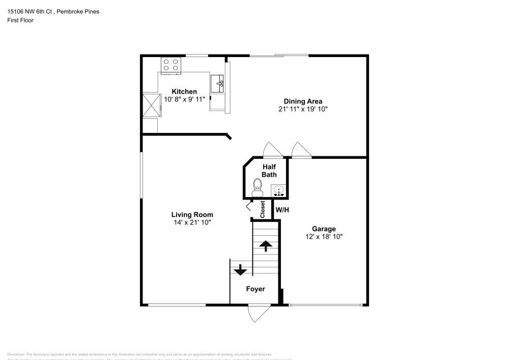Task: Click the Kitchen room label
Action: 184,92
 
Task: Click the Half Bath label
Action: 269,171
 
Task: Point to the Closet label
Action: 263,209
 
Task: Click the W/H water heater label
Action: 282,210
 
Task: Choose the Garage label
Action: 324,229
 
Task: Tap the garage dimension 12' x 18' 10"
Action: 324,237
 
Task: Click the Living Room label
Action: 192,215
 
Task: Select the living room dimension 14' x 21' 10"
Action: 192,223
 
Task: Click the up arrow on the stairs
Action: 265,246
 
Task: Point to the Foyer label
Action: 256,289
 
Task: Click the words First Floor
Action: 20,20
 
